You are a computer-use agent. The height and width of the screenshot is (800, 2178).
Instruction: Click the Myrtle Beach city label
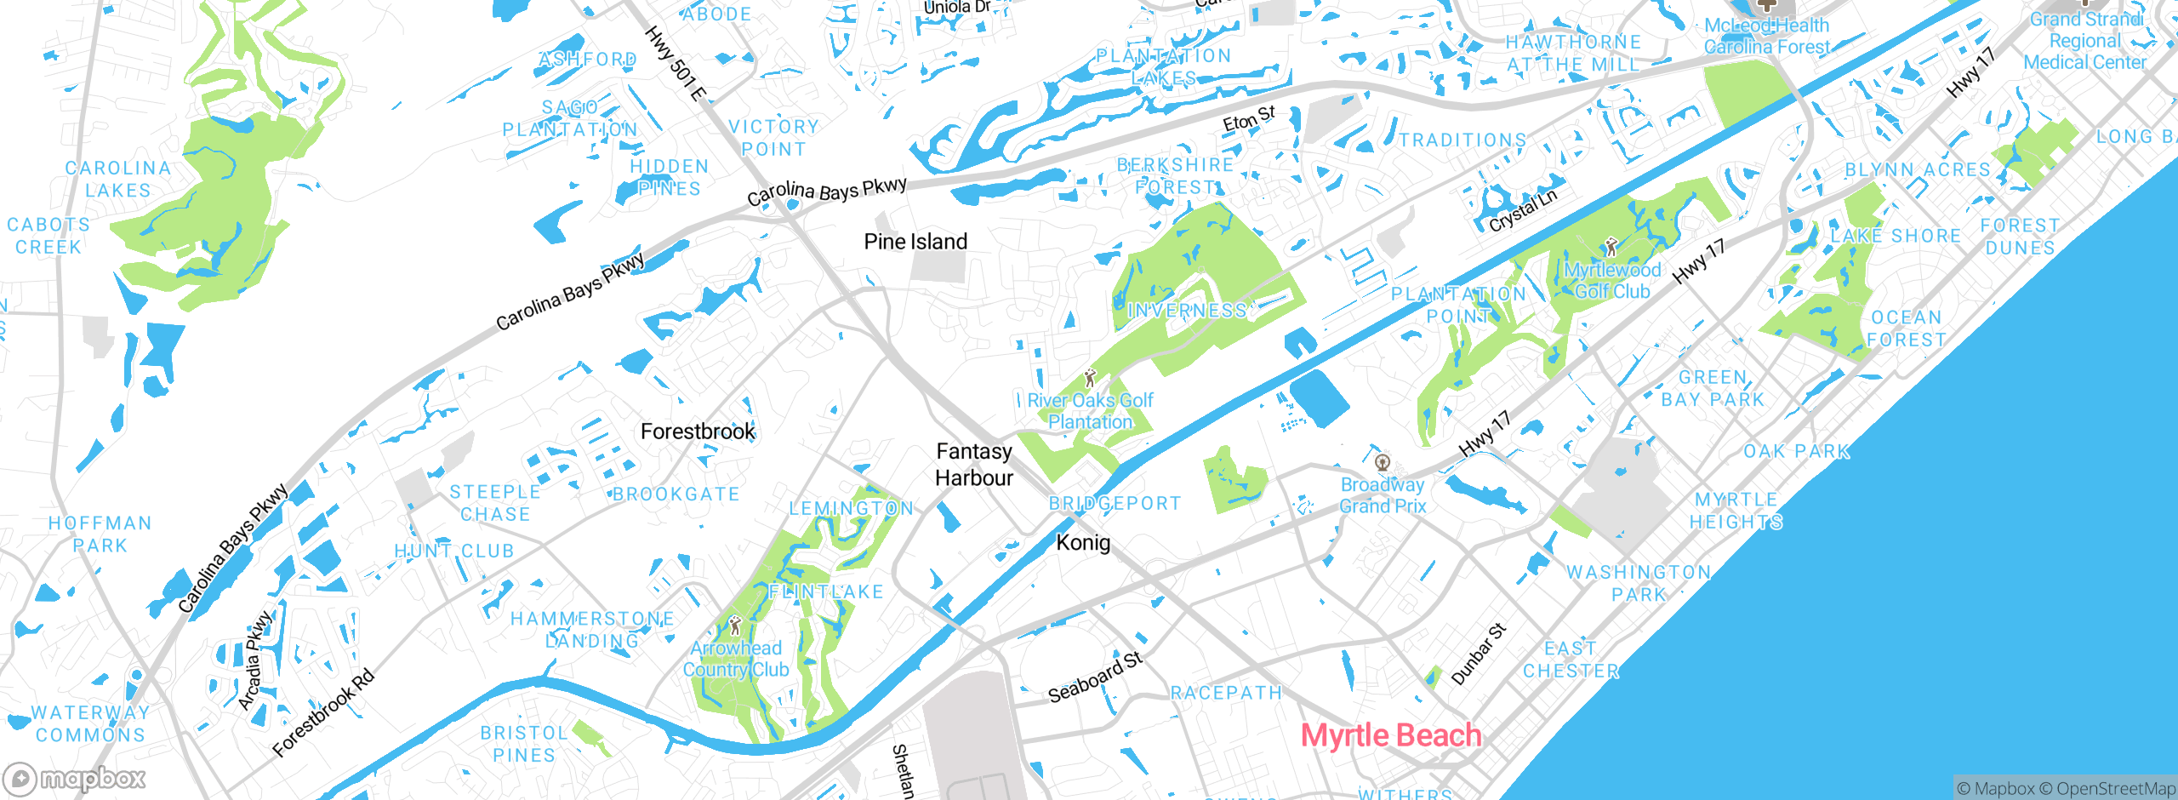pos(1391,735)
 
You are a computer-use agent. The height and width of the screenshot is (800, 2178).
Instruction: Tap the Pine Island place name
pos(915,242)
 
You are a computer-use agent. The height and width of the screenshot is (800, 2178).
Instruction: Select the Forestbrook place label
pos(698,431)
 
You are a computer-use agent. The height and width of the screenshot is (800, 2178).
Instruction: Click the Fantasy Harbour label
pos(974,465)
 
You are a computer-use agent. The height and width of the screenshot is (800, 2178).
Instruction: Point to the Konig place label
pos(1083,542)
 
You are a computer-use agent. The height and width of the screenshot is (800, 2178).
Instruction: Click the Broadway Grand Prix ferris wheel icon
pos(1383,463)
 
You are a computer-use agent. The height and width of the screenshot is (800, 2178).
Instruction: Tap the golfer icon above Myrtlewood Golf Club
pos(1611,248)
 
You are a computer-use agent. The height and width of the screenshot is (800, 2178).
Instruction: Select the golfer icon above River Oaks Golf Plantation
pos(1090,378)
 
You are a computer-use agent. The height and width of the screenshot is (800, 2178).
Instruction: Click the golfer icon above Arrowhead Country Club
pos(735,626)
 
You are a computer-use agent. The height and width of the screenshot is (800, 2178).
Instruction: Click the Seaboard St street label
pos(1095,677)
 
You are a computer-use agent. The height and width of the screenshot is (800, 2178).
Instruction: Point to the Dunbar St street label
pos(1479,654)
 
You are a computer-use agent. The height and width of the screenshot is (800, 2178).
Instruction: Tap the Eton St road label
pos(1249,119)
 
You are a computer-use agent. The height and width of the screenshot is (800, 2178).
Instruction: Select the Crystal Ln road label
pos(1523,210)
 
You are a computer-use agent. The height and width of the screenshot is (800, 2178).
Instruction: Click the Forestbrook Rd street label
pos(323,713)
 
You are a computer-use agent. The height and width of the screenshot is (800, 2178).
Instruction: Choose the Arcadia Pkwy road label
pos(254,660)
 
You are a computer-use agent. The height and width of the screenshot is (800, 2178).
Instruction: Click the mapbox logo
pos(75,778)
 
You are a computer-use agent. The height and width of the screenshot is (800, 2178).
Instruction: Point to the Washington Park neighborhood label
pos(1639,583)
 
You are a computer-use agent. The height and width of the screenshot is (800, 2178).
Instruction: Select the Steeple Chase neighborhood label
pos(495,503)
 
